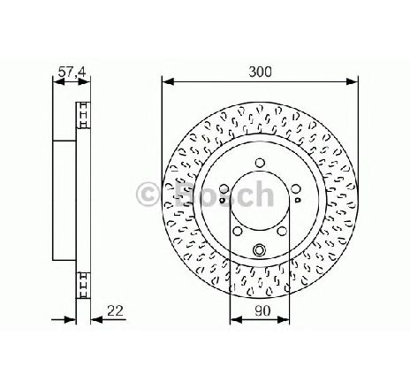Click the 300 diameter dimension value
pyautogui.click(x=260, y=72)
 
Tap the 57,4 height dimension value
pyautogui.click(x=72, y=72)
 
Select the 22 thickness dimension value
pyautogui.click(x=115, y=310)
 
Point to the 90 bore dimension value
pyautogui.click(x=262, y=310)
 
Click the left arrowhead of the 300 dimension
pyautogui.click(x=168, y=81)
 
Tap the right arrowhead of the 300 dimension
pyautogui.click(x=352, y=81)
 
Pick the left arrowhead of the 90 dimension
pyautogui.click(x=236, y=319)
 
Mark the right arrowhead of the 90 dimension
pyautogui.click(x=284, y=319)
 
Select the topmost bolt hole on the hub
pyautogui.click(x=260, y=163)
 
